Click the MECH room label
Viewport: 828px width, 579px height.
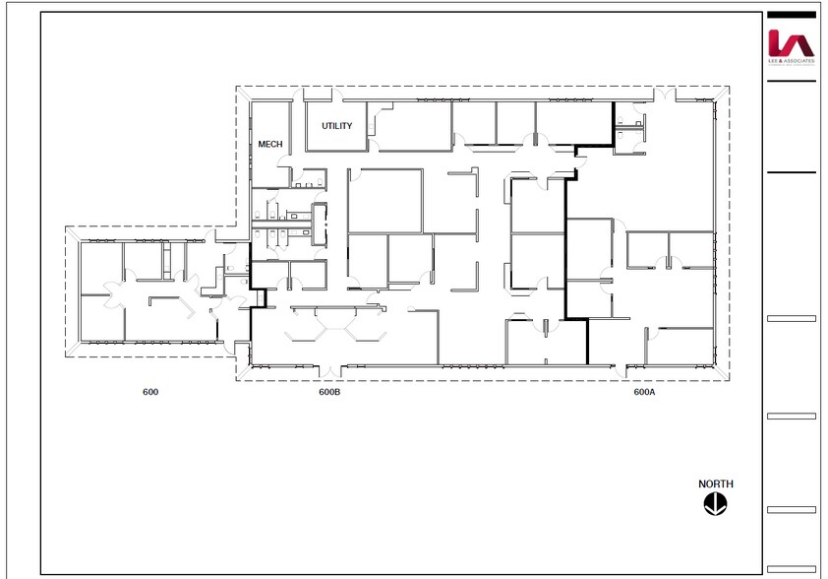click(269, 144)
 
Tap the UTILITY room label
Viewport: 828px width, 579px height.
click(336, 126)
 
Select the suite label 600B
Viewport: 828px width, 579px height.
click(329, 392)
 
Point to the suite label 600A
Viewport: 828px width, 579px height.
click(644, 392)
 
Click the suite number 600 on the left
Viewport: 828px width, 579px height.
click(150, 392)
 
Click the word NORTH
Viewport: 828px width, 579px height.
click(715, 484)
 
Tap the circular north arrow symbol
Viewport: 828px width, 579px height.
click(715, 503)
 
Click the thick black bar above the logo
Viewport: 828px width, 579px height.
click(791, 15)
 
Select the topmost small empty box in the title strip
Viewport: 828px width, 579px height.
click(791, 319)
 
